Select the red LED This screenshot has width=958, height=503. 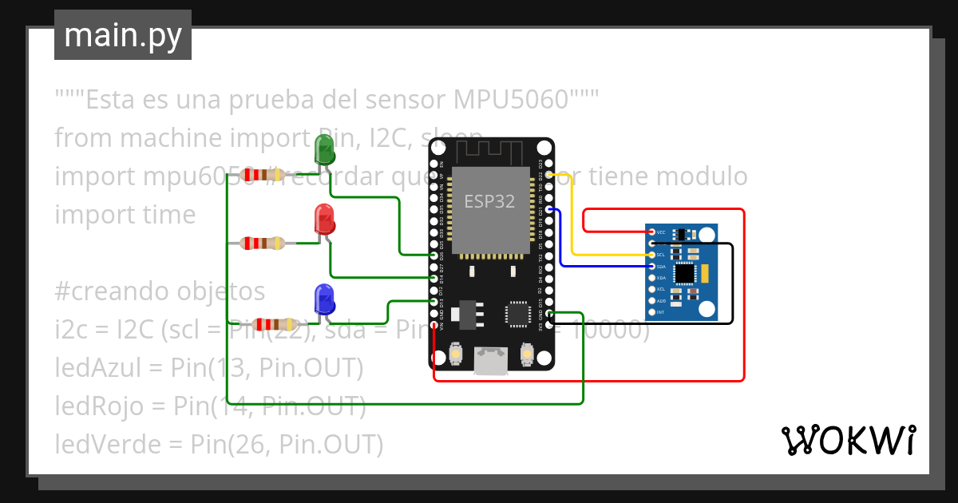(324, 219)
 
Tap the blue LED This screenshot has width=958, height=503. (324, 298)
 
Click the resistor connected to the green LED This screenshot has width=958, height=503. (263, 175)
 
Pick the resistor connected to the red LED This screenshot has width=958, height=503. (263, 244)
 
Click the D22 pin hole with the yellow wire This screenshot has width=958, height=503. (547, 174)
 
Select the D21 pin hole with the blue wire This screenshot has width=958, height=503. (547, 210)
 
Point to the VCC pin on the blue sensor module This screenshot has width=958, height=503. (652, 232)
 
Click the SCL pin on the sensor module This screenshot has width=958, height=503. (652, 255)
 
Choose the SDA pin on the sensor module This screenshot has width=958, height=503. (652, 266)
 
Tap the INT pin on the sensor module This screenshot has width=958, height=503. (652, 312)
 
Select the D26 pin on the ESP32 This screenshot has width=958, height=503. (433, 255)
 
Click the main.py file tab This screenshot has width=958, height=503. (123, 35)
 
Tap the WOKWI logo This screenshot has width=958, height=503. (848, 440)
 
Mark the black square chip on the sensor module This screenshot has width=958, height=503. (684, 273)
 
